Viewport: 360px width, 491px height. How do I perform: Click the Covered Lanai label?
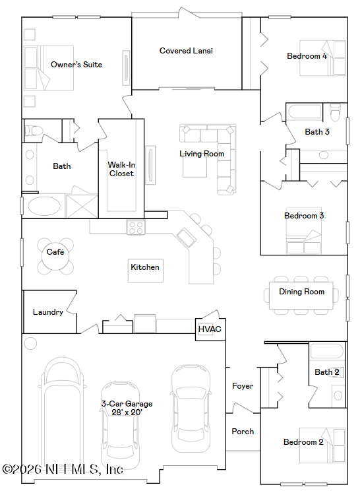[186, 51]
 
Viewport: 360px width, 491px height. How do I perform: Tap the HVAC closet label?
[210, 329]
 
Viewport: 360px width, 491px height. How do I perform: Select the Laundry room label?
[48, 312]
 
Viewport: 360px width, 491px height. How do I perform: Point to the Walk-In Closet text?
[121, 169]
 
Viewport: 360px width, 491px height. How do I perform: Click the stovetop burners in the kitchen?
[136, 228]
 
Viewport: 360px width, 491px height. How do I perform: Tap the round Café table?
[55, 256]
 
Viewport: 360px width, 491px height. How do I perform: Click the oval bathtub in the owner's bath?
[44, 206]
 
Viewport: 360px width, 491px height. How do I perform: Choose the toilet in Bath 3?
[336, 113]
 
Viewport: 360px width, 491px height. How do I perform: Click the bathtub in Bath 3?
[305, 112]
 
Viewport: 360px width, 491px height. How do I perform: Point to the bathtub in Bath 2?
[326, 351]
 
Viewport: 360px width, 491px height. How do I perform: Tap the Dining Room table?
[301, 296]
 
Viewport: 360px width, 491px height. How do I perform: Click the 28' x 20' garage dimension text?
[127, 412]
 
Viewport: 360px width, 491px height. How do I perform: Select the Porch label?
[243, 432]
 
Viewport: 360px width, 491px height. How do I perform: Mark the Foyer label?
[243, 386]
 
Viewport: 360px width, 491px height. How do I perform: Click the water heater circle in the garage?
[30, 343]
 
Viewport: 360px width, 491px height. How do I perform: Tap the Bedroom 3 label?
[304, 216]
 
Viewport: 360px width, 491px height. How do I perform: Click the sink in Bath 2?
[338, 395]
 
